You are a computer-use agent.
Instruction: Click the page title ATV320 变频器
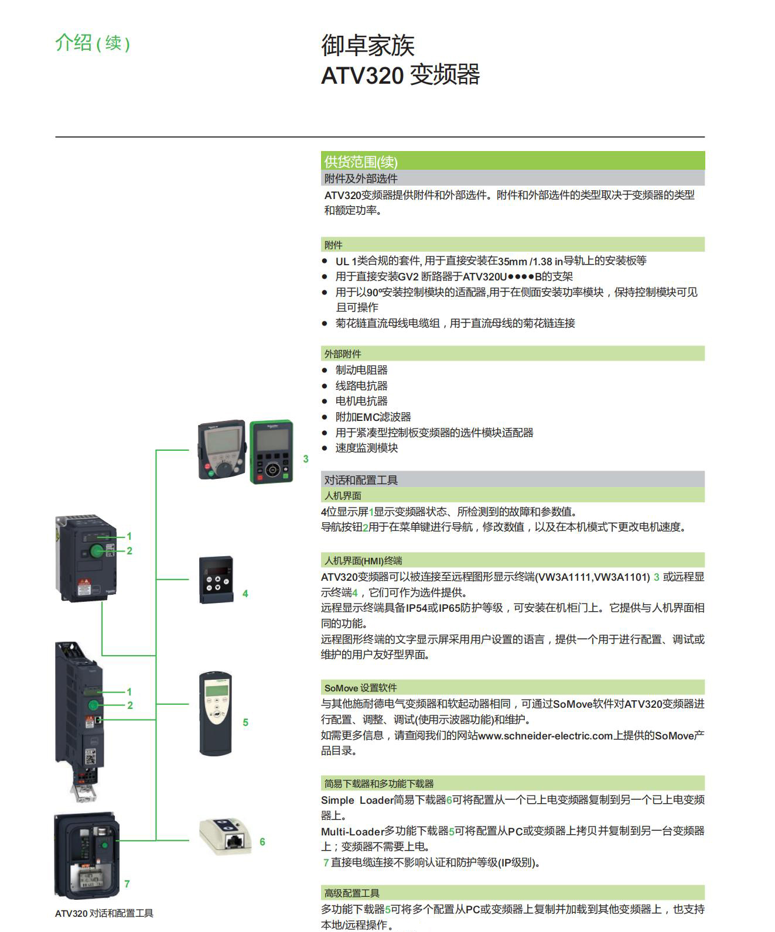(x=400, y=75)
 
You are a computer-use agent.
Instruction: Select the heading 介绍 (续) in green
(x=93, y=43)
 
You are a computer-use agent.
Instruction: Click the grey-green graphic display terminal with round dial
(x=221, y=450)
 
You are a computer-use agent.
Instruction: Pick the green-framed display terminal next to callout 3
(x=272, y=451)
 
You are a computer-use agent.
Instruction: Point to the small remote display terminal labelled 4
(x=217, y=579)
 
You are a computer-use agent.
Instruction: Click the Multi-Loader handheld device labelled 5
(x=216, y=714)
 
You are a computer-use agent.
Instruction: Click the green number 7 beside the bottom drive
(x=127, y=883)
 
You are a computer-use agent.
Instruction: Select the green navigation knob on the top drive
(x=97, y=550)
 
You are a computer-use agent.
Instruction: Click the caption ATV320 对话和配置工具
(x=104, y=913)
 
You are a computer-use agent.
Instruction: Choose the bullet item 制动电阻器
(x=361, y=370)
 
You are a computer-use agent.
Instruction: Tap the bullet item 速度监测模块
(x=367, y=448)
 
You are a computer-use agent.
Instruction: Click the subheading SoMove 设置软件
(x=360, y=688)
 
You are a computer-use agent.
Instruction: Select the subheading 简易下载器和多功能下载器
(x=379, y=783)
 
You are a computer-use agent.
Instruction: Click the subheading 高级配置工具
(x=352, y=893)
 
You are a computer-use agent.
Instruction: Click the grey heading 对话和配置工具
(x=361, y=480)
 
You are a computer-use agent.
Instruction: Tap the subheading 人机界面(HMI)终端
(x=363, y=560)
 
